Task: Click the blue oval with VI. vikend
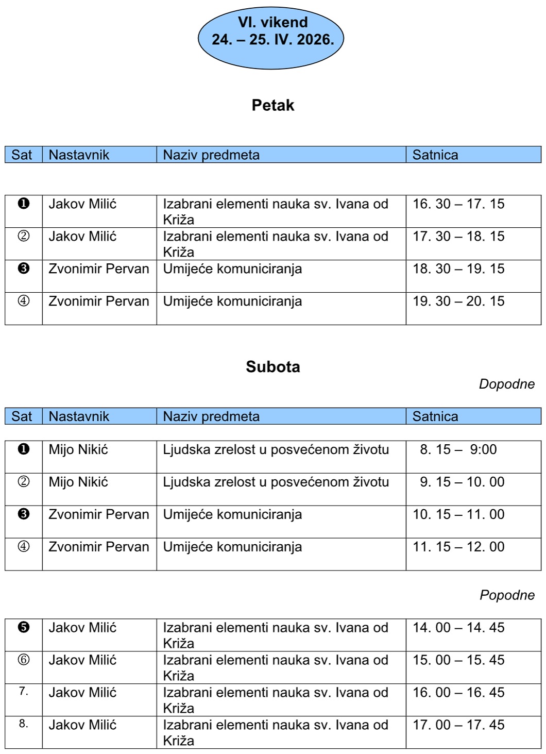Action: pos(271,39)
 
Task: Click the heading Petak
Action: pos(272,105)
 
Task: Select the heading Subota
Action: pos(272,366)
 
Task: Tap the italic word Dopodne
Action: pos(506,384)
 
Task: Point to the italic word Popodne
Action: pos(507,595)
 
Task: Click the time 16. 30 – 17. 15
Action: pos(458,204)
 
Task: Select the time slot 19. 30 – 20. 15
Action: pos(458,301)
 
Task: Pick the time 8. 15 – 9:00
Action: pos(458,449)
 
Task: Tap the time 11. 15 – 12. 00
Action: pos(458,547)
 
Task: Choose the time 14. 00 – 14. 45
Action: pos(458,628)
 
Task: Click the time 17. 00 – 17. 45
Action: pos(458,725)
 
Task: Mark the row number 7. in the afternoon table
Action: pos(24,691)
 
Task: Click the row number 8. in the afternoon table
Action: pos(24,724)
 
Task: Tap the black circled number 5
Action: pos(24,627)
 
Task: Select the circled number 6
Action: pos(24,660)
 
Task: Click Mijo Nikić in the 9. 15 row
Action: pos(78,482)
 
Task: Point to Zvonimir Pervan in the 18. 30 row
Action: pos(98,269)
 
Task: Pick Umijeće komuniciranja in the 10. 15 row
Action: pos(232,514)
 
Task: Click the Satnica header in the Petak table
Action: pos(435,155)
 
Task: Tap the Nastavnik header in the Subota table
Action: pos(79,416)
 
